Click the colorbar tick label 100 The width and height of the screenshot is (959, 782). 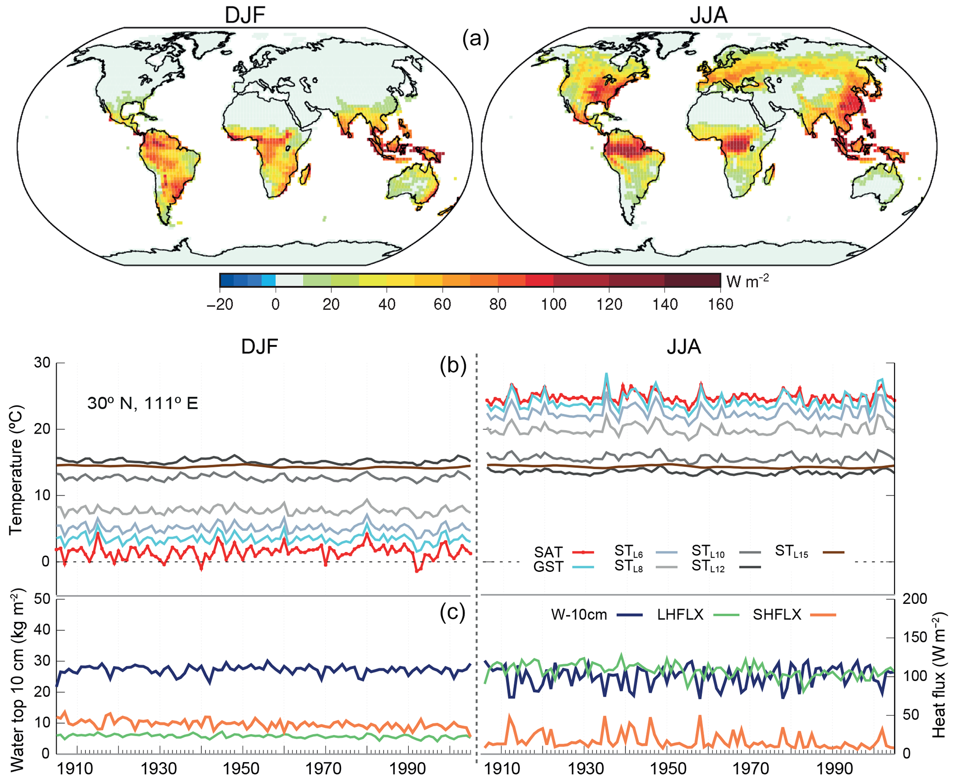click(x=553, y=304)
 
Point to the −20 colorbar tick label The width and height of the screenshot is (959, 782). click(x=220, y=304)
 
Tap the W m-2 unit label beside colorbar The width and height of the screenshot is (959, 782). click(x=747, y=281)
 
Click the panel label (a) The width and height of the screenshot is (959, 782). click(x=476, y=39)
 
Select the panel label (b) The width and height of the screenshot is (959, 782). click(x=453, y=365)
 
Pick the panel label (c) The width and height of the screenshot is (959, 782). click(x=452, y=612)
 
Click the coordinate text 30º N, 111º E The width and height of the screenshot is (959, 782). click(x=142, y=403)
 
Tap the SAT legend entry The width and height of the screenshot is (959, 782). click(x=548, y=552)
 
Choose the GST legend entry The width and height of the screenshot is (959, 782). click(x=548, y=567)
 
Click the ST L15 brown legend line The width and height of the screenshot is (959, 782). click(x=833, y=552)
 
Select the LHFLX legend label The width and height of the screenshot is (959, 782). click(x=680, y=615)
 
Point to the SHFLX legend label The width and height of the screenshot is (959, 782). click(x=777, y=615)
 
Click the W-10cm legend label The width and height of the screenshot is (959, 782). click(x=579, y=615)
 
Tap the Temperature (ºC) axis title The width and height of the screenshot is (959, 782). click(x=16, y=471)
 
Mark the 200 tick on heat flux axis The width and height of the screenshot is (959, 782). click(x=914, y=599)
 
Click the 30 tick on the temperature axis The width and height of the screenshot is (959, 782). click(x=42, y=363)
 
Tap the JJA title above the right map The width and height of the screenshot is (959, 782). click(x=708, y=15)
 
